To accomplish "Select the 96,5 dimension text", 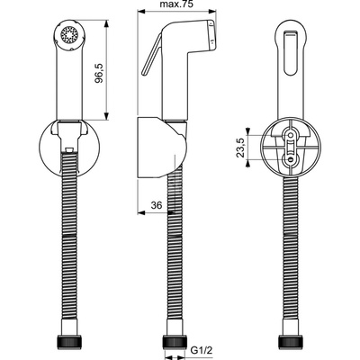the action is pyautogui.click(x=99, y=73).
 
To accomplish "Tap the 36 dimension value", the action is pyautogui.click(x=157, y=205).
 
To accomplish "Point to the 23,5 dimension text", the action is pyautogui.click(x=241, y=147).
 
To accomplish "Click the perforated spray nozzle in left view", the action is pyautogui.click(x=69, y=34).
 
